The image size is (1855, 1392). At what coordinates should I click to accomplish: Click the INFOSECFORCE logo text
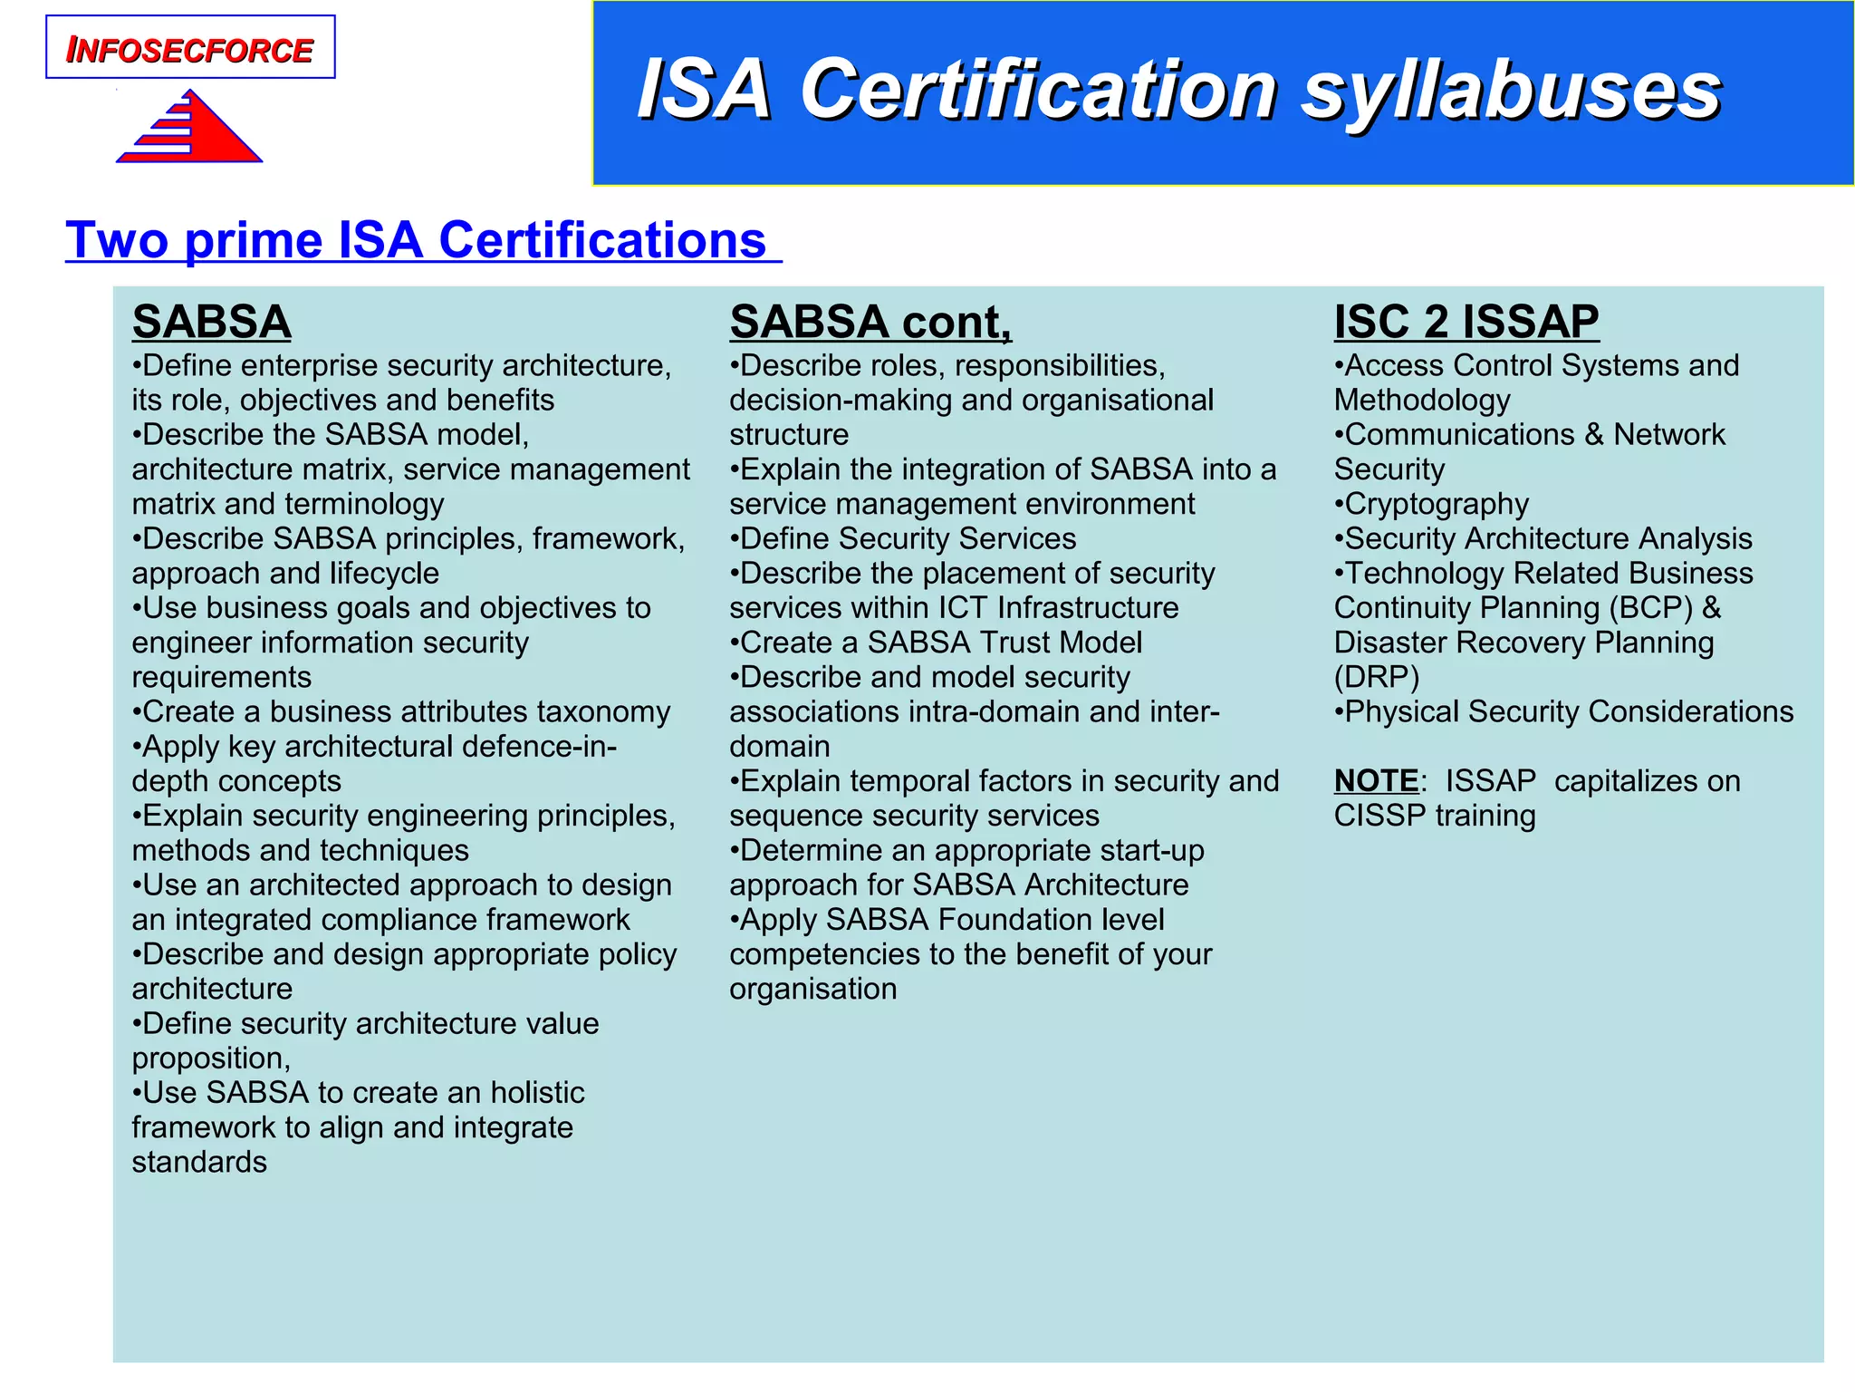point(190,50)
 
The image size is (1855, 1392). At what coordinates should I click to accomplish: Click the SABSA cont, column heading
point(870,322)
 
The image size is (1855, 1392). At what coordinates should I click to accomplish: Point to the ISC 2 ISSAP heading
point(1466,322)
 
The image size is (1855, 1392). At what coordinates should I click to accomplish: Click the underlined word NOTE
point(1376,781)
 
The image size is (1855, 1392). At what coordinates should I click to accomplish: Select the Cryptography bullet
point(1432,504)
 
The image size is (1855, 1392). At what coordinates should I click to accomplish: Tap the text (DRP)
point(1377,677)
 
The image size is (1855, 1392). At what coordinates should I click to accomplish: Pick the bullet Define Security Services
point(903,538)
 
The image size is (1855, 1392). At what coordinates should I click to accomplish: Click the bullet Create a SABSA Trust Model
point(936,643)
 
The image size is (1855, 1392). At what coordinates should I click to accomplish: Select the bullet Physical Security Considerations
point(1564,711)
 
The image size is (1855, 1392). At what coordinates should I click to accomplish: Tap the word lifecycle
point(384,574)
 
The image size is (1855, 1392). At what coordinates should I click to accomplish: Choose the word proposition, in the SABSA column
point(211,1058)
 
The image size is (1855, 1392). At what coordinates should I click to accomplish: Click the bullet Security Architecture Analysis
point(1543,538)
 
